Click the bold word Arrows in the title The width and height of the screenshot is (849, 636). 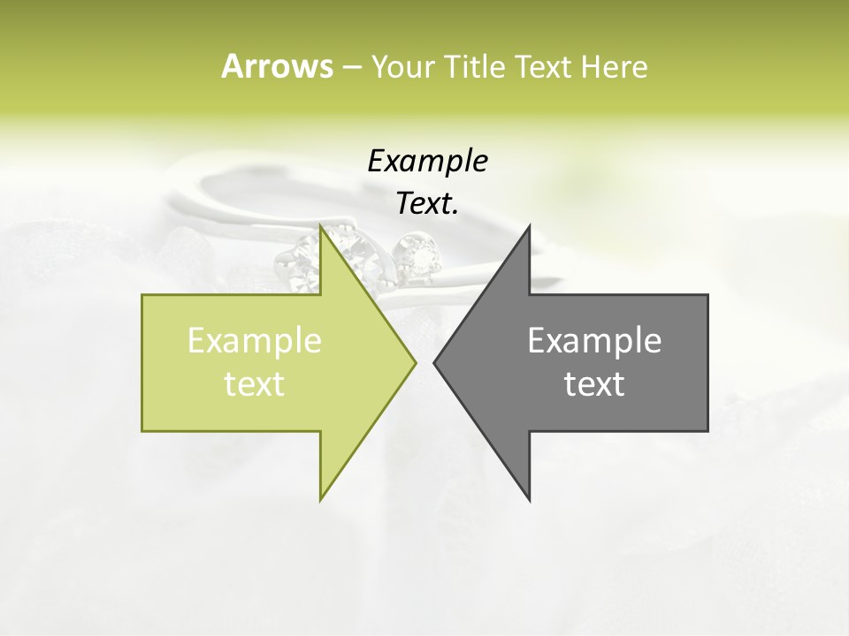coord(276,66)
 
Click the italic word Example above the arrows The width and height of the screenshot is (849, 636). coord(427,161)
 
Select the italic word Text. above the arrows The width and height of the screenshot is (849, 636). coord(427,203)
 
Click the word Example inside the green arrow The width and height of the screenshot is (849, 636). coord(254,340)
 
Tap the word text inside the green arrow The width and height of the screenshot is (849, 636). coord(254,383)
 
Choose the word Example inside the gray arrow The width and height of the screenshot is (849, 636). coord(594,340)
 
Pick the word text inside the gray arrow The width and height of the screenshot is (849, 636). coord(594,383)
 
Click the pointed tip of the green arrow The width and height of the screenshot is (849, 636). coord(416,362)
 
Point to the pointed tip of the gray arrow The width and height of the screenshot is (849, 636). coord(433,362)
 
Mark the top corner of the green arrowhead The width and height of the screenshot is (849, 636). coord(320,225)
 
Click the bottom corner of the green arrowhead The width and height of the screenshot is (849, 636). coord(320,500)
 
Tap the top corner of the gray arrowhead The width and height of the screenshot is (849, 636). coord(530,225)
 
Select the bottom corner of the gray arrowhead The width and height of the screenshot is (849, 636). coord(530,500)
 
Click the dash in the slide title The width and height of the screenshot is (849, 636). coord(351,67)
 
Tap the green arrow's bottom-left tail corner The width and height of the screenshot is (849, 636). coord(142,430)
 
